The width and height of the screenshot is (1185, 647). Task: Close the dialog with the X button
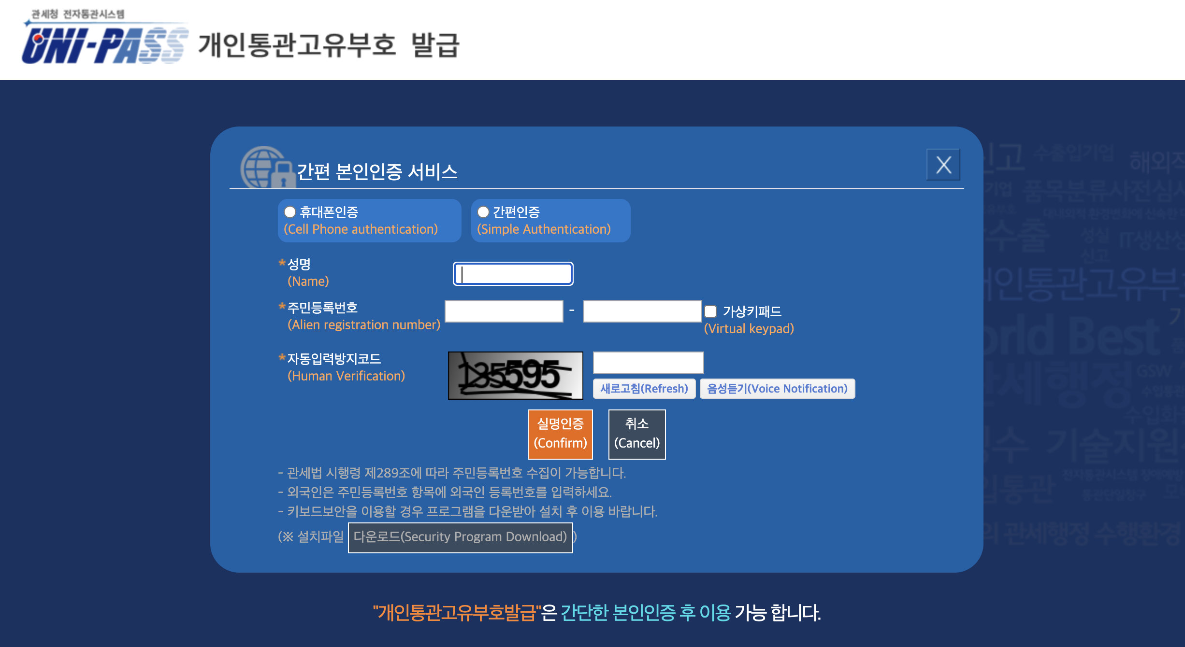(x=943, y=165)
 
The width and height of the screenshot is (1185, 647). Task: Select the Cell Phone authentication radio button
(x=290, y=212)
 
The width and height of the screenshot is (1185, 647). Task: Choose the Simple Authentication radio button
(x=483, y=212)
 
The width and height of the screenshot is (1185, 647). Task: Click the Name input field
(x=513, y=274)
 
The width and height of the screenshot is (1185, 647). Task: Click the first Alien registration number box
(x=504, y=311)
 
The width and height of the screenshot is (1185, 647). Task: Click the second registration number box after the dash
(x=642, y=311)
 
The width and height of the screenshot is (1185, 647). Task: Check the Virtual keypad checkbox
(x=710, y=311)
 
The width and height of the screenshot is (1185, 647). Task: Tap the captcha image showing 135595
(x=515, y=375)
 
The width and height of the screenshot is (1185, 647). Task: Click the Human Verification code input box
(x=648, y=362)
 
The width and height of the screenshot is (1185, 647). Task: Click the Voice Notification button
(x=777, y=389)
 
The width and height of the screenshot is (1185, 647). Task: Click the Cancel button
(x=636, y=434)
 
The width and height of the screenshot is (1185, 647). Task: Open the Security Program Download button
(x=460, y=537)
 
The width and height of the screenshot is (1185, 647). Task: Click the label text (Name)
(x=308, y=281)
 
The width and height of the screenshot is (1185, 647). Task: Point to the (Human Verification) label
(x=346, y=376)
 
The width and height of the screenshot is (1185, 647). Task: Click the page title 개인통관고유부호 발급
(x=329, y=45)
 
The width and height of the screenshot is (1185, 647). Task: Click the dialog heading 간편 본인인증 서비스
(x=377, y=171)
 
